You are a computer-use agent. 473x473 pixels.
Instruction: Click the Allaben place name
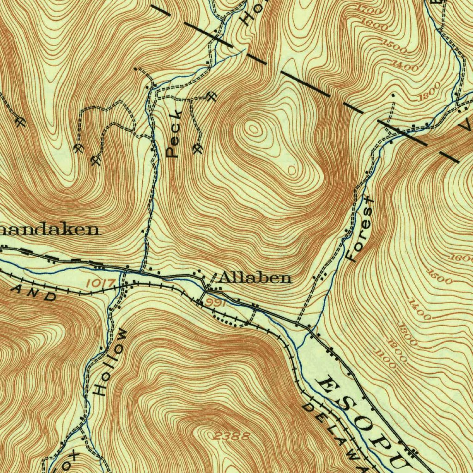[x=255, y=278]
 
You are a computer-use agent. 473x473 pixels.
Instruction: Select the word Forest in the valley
[x=361, y=229]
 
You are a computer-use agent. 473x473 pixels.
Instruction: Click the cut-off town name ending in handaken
[x=50, y=230]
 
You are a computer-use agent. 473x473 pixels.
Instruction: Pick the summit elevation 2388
[x=233, y=436]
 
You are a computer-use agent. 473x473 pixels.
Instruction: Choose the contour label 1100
[x=385, y=359]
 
